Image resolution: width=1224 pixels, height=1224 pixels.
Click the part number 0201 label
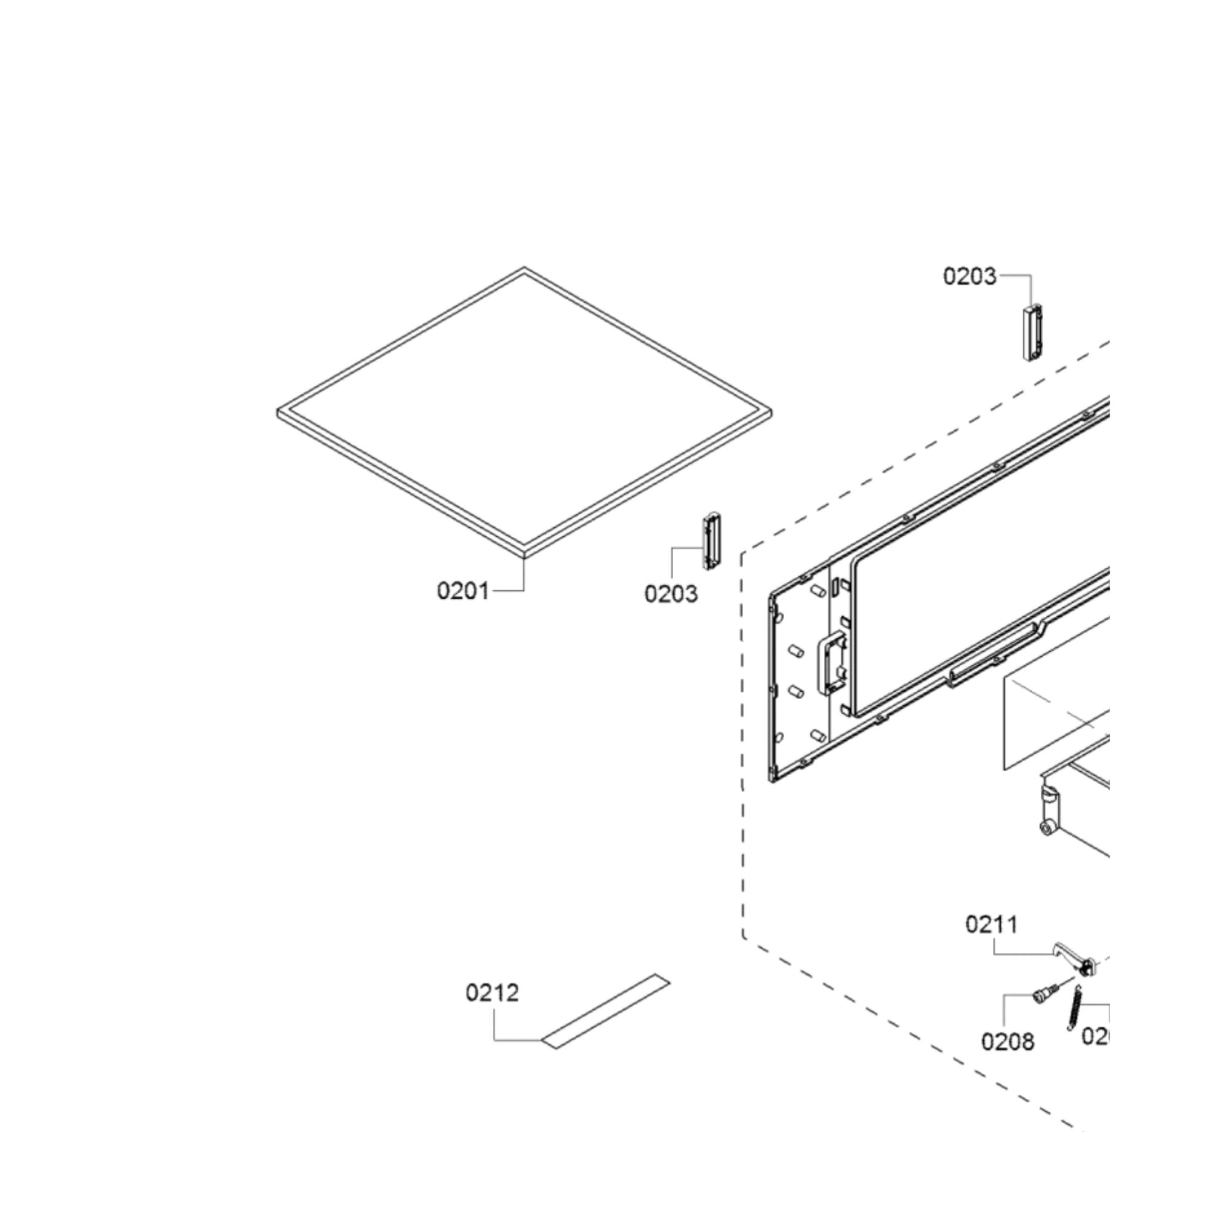click(463, 591)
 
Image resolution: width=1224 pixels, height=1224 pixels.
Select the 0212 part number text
click(492, 992)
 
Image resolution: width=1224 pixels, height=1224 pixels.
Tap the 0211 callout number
click(992, 924)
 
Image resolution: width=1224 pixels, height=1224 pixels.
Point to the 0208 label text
click(1008, 1041)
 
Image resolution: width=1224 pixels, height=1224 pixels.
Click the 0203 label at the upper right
click(969, 276)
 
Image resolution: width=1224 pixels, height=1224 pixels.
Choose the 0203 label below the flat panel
click(671, 594)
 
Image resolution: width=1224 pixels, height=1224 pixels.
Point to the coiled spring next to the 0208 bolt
click(1076, 1011)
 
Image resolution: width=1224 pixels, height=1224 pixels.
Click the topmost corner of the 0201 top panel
click(524, 269)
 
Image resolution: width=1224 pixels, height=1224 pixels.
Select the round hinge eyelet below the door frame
click(1047, 827)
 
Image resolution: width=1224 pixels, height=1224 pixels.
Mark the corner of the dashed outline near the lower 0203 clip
click(743, 556)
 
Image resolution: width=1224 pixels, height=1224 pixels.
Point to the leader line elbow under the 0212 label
click(495, 1040)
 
